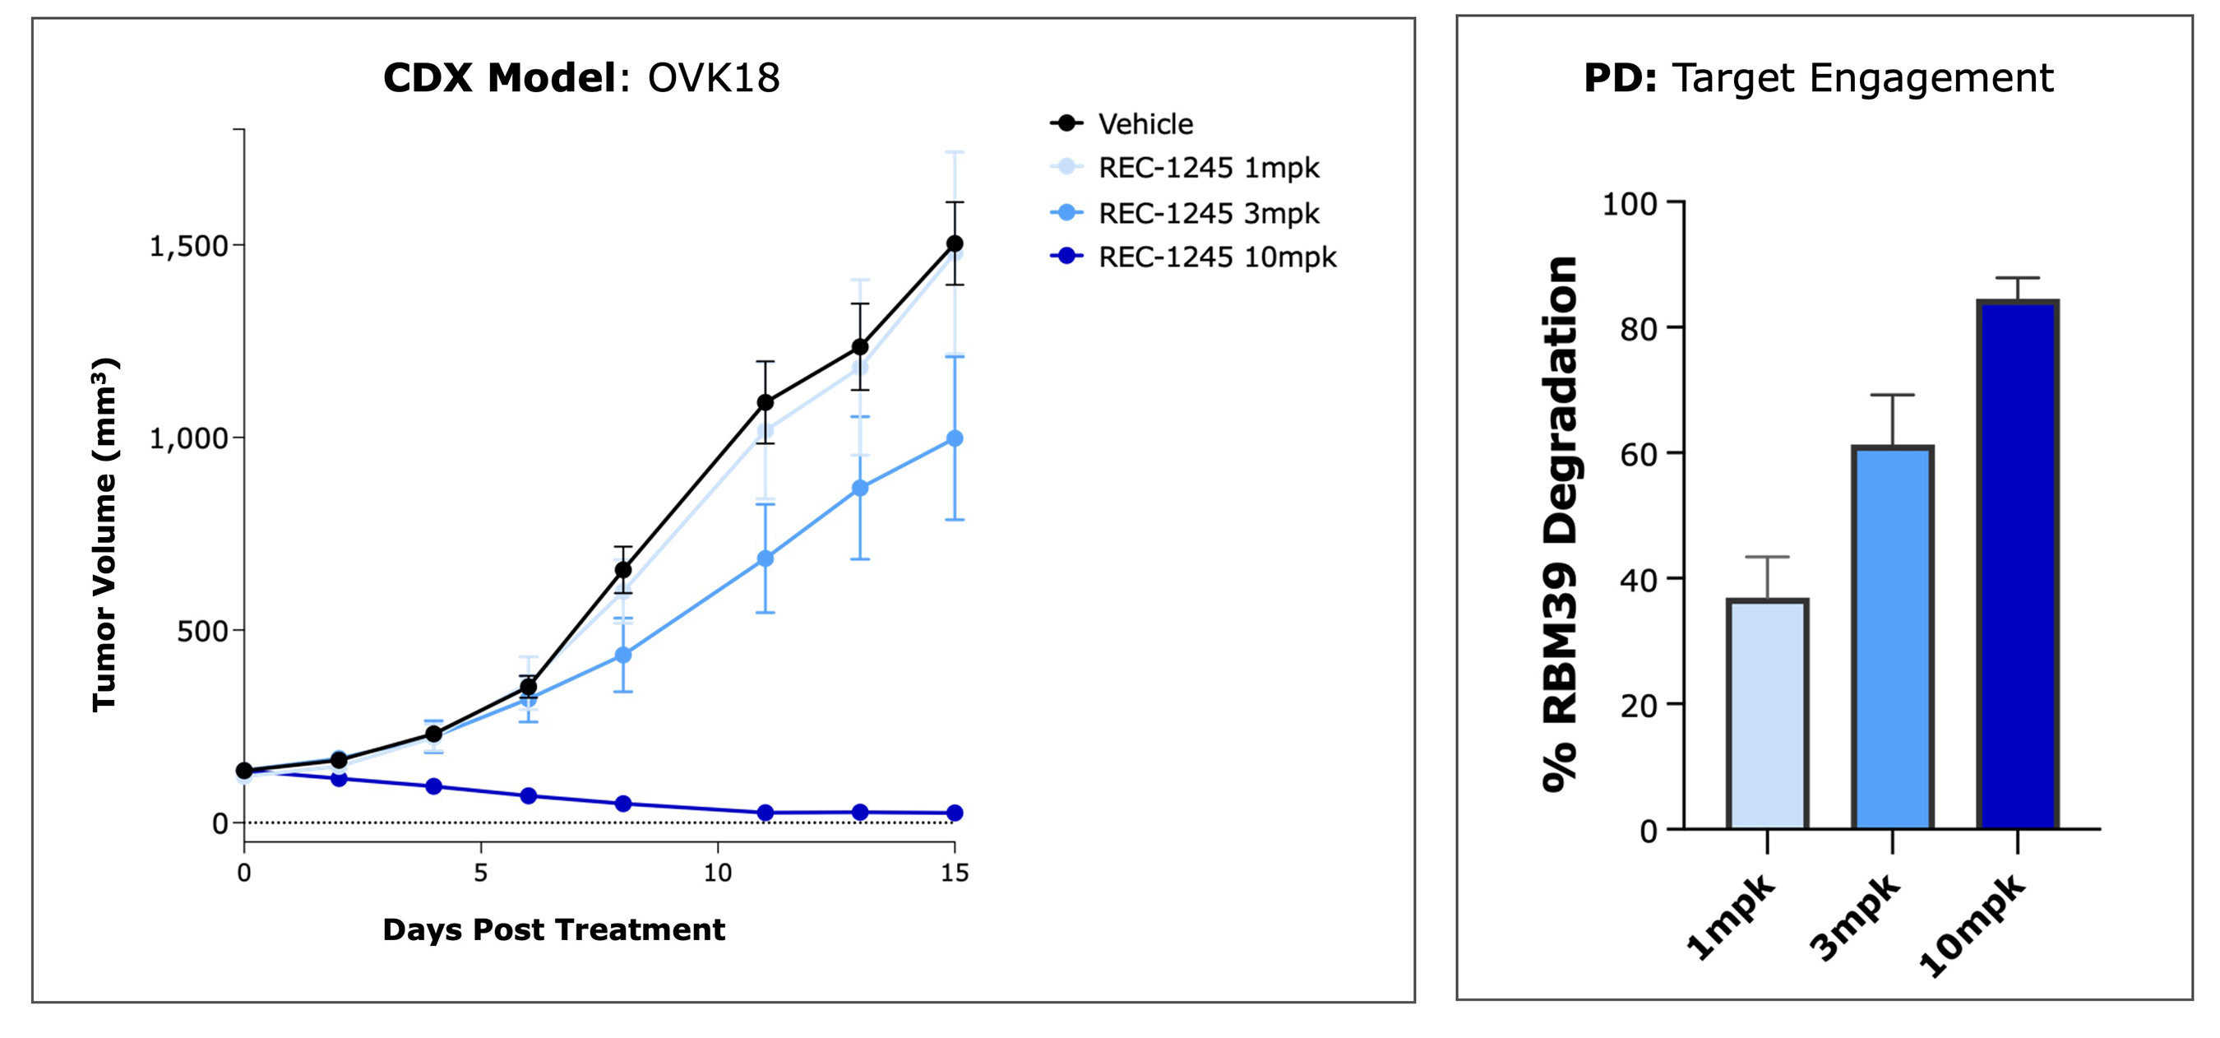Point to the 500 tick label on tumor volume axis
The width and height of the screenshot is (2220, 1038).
(201, 631)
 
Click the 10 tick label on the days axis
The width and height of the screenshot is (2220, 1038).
(717, 873)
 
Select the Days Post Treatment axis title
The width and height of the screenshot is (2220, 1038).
(553, 929)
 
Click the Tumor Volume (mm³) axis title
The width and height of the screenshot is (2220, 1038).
(104, 535)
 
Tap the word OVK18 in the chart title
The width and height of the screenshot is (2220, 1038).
(714, 78)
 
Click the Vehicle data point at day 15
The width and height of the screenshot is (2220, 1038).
(954, 244)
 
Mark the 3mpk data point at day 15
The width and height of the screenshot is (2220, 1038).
(954, 439)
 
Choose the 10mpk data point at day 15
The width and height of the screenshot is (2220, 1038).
(954, 813)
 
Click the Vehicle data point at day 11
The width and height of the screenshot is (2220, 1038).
(765, 402)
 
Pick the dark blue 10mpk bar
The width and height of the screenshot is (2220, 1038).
(2018, 565)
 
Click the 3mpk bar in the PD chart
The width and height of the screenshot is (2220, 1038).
(1893, 638)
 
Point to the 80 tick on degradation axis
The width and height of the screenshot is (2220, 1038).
(1639, 329)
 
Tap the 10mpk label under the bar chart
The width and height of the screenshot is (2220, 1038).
(1973, 924)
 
